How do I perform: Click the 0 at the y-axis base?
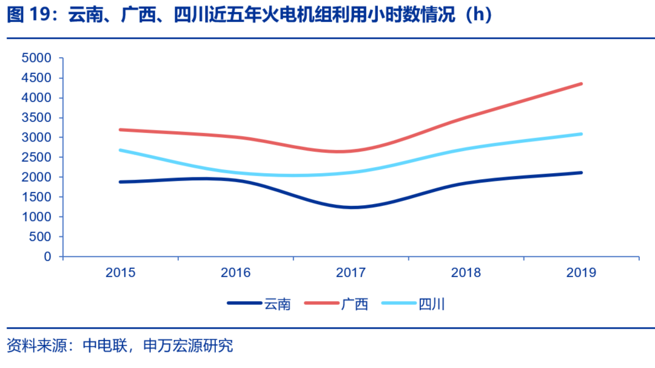tap(47, 256)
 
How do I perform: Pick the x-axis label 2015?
tap(120, 273)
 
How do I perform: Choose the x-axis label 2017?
tap(351, 273)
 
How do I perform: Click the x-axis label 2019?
tap(581, 273)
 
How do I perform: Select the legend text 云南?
tap(277, 304)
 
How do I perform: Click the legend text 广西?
tap(355, 304)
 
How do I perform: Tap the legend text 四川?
tap(432, 304)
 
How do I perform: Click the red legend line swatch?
tap(322, 303)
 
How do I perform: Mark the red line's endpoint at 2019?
tap(581, 84)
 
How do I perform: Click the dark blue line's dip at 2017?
tap(352, 208)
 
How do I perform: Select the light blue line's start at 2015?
tap(120, 150)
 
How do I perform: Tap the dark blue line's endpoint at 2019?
tap(581, 172)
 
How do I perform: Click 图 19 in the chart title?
tap(27, 16)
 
